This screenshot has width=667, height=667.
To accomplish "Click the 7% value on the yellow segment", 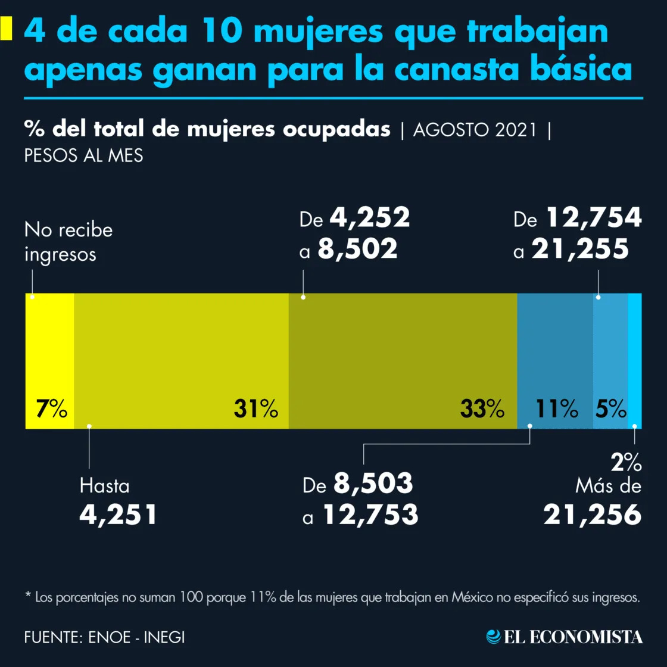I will point(51,410).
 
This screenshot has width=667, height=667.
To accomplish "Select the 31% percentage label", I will point(255,410).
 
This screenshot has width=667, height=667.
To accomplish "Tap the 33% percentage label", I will point(482,410).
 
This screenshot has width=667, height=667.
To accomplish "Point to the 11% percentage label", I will point(556,410).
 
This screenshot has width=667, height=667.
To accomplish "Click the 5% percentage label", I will point(610,410).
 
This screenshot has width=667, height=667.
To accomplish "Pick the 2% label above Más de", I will point(626,462).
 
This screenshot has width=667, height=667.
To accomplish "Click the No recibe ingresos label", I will point(68,242).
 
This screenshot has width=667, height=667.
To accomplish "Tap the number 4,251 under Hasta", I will point(119,515).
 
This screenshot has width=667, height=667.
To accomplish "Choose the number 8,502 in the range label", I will point(357,249).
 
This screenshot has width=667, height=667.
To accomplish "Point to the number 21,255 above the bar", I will point(580,249).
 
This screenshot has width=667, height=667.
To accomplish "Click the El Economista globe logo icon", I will point(494,637).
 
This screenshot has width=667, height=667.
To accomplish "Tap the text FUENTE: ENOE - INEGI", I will point(104,637).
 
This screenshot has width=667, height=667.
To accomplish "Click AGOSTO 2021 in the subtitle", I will point(475,130).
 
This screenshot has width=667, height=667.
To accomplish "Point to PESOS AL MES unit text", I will point(83,155).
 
